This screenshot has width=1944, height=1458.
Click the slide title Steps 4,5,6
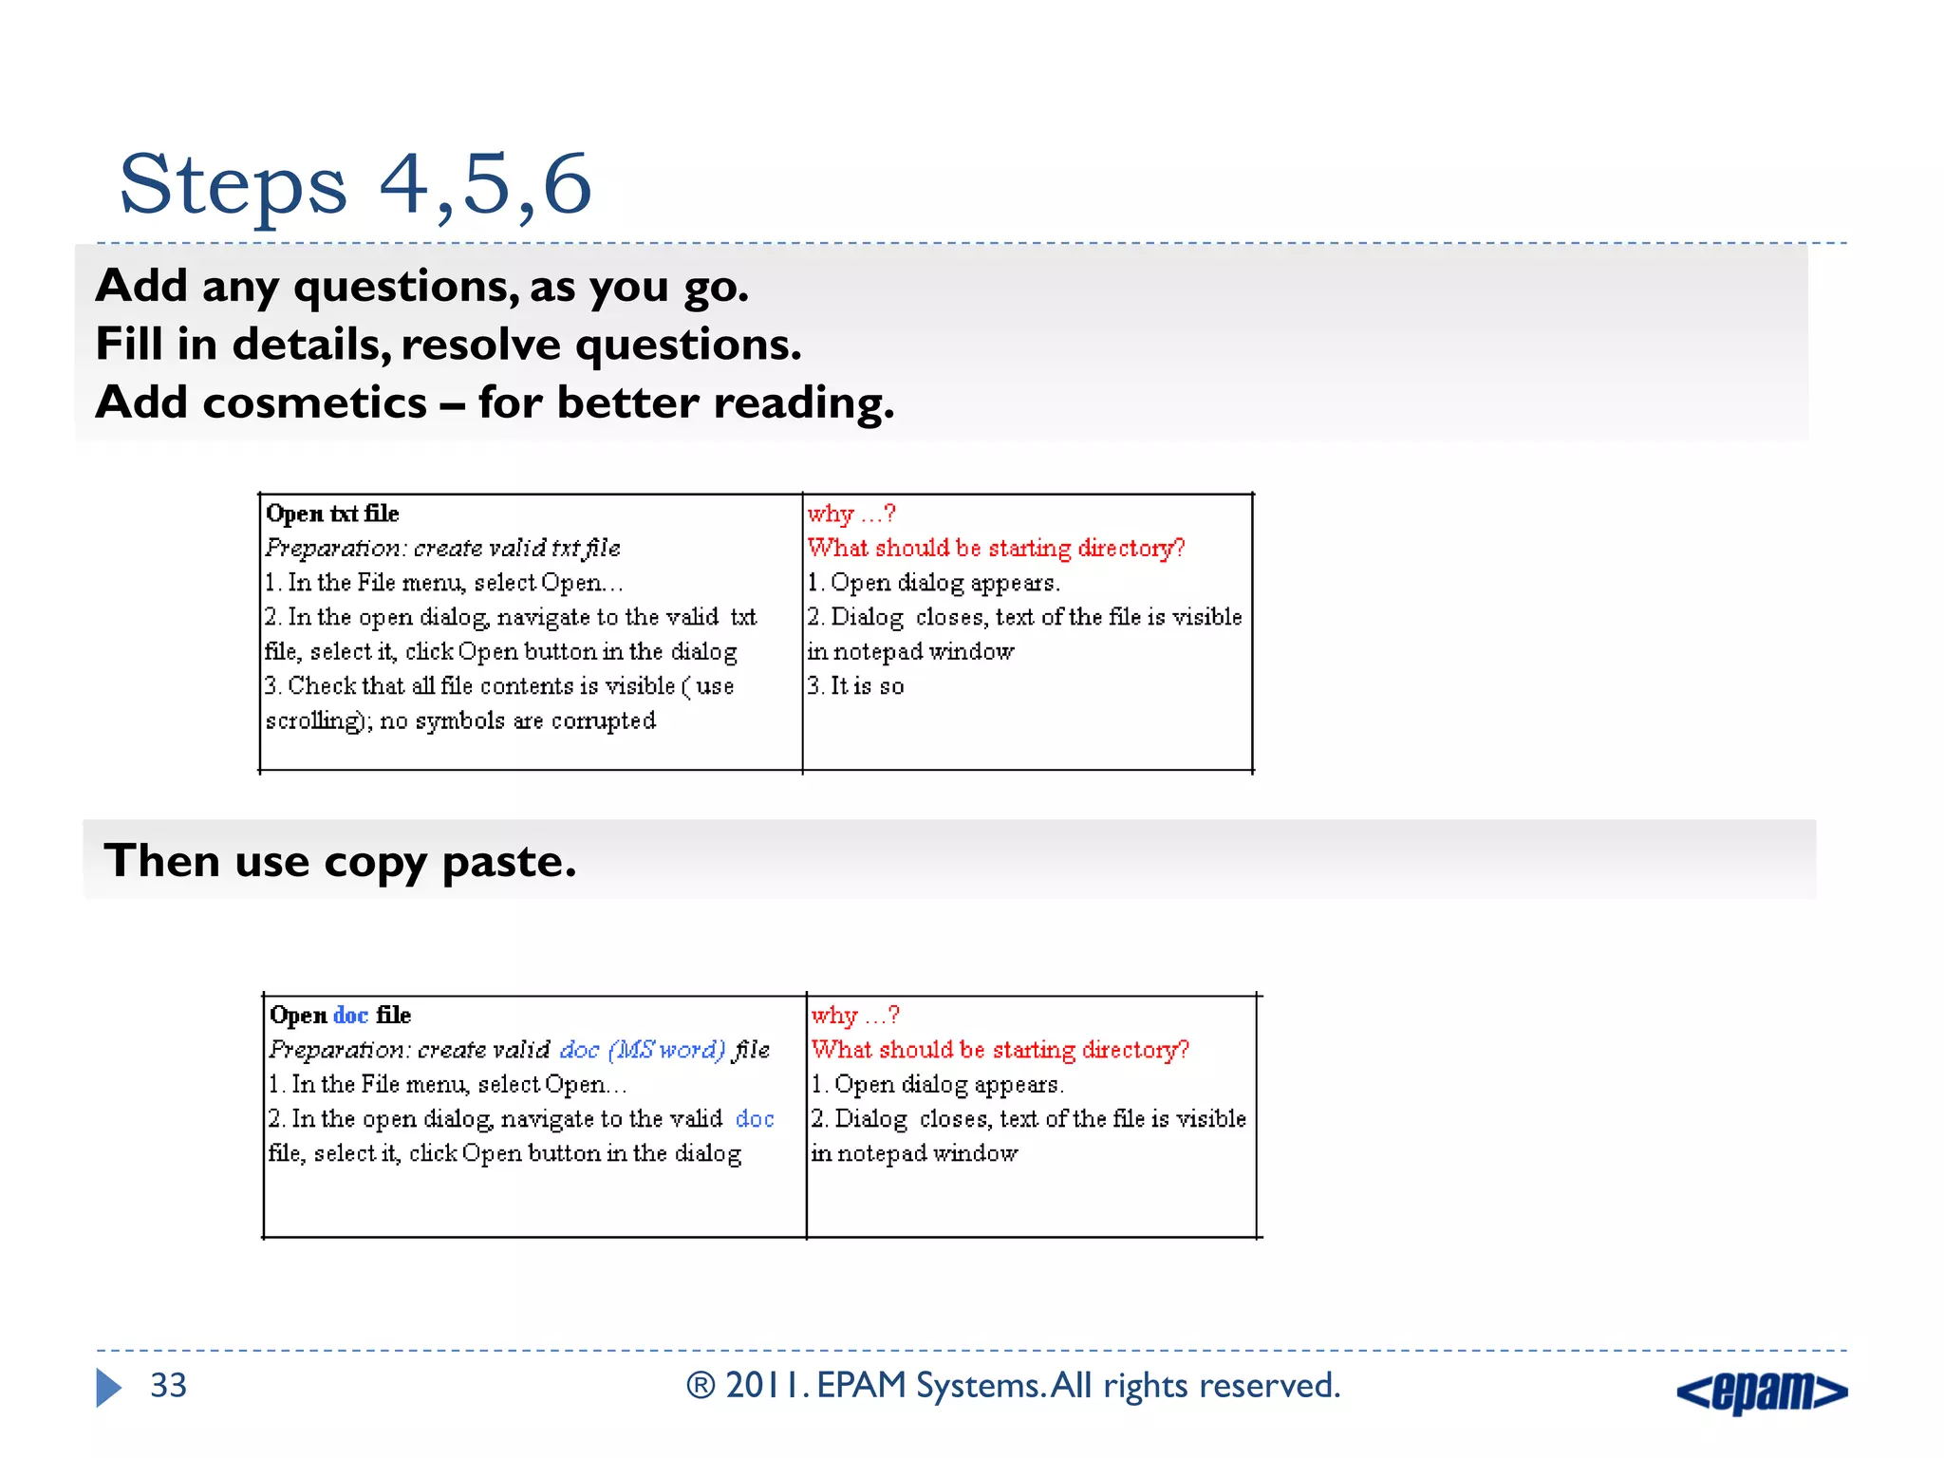click(355, 184)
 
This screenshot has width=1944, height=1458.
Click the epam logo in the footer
click(1762, 1392)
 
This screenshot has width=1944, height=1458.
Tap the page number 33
click(168, 1386)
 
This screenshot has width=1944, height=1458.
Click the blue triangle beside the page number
click(108, 1388)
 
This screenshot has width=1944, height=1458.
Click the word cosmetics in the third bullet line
click(314, 402)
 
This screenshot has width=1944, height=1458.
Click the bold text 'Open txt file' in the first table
click(332, 514)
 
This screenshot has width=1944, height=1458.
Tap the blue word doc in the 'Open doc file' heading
click(350, 1016)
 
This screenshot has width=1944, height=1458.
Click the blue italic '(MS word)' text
click(666, 1050)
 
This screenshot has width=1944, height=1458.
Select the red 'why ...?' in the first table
click(850, 514)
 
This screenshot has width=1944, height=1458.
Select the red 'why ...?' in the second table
click(854, 1016)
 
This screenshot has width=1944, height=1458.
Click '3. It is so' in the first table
click(855, 686)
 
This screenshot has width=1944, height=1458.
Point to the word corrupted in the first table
click(604, 721)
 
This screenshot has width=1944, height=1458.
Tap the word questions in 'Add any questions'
click(405, 287)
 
